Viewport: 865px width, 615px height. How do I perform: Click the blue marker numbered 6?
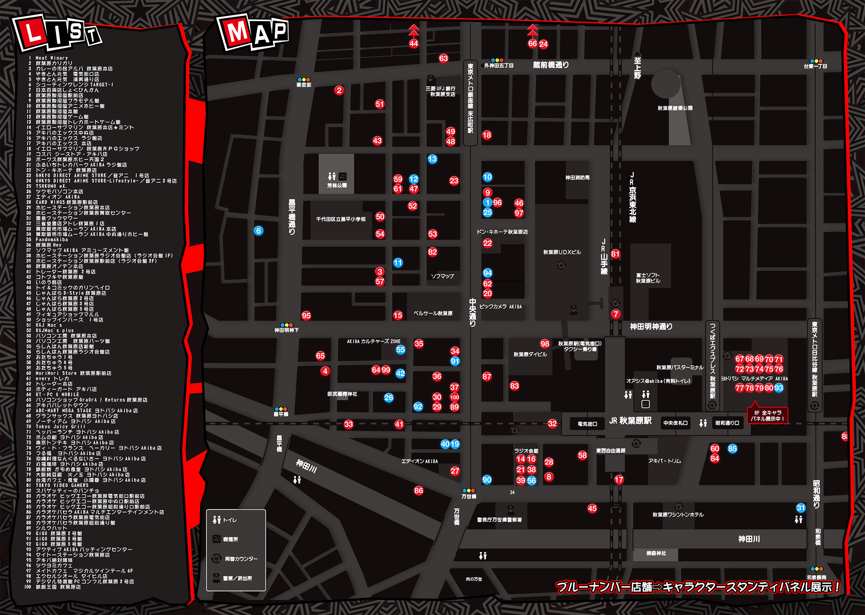(x=259, y=231)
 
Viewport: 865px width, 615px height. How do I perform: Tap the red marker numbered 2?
(x=339, y=90)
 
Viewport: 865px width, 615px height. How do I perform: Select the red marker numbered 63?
(x=443, y=58)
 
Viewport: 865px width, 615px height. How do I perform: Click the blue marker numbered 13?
(x=432, y=159)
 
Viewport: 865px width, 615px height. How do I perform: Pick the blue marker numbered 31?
(x=801, y=508)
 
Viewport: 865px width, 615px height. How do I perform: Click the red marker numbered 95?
(x=306, y=315)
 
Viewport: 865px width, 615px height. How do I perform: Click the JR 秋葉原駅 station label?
(x=630, y=421)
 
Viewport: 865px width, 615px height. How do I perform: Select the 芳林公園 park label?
(x=337, y=186)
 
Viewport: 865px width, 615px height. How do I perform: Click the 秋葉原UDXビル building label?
(x=562, y=252)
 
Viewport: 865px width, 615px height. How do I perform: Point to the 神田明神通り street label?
(x=651, y=326)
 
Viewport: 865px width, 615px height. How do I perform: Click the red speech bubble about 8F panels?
(x=767, y=415)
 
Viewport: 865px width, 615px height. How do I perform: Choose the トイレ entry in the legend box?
(x=225, y=520)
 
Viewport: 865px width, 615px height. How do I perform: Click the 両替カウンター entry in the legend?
(x=235, y=559)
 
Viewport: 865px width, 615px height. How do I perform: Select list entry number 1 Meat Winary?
(x=52, y=58)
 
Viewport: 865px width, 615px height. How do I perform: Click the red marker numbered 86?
(x=418, y=491)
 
